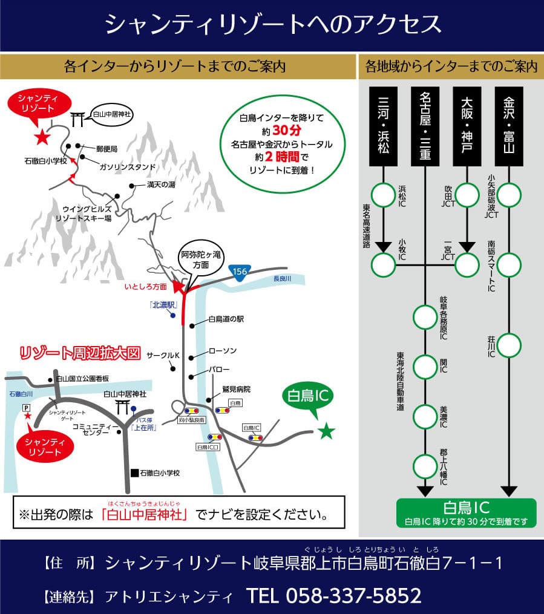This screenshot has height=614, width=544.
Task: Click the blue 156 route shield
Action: click(240, 272)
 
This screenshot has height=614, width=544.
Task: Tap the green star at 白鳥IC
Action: click(326, 431)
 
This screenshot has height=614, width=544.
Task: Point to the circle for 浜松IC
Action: click(383, 195)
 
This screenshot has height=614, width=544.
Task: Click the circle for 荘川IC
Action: click(510, 345)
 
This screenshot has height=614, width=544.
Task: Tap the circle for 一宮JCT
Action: click(467, 264)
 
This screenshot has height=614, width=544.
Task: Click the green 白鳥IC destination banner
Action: click(466, 512)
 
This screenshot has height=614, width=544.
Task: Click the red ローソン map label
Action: click(222, 351)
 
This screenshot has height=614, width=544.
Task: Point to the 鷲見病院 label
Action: click(235, 389)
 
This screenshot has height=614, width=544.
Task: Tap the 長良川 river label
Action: click(282, 279)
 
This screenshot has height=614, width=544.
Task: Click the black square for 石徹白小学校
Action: click(134, 472)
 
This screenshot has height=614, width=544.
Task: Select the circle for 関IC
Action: click(425, 365)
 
